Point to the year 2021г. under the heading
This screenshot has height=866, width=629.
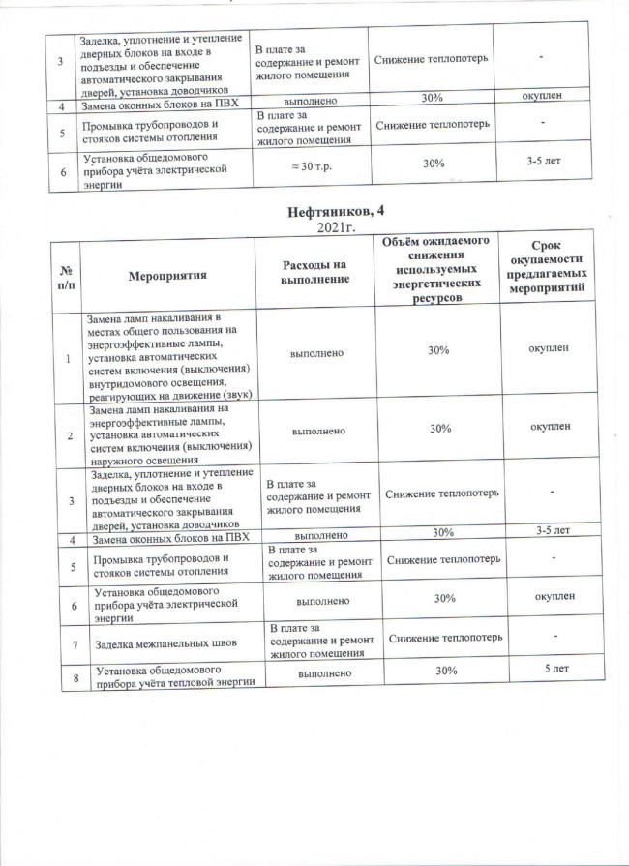click(336, 227)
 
